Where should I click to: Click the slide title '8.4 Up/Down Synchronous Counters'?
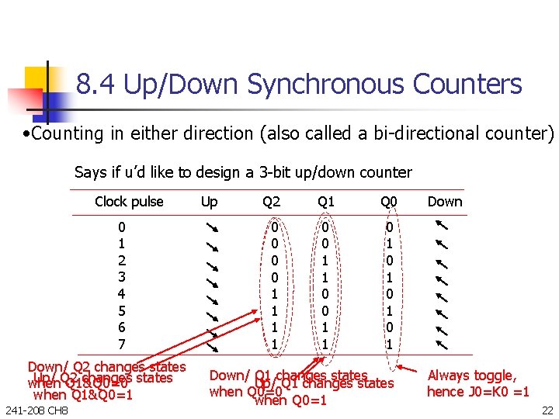(299, 84)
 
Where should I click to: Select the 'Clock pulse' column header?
(129, 202)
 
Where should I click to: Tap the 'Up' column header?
(209, 202)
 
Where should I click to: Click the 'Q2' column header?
(271, 202)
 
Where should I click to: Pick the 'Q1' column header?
(326, 202)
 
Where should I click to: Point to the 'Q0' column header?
(388, 202)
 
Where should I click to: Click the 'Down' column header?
(445, 202)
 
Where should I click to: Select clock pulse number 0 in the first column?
(121, 227)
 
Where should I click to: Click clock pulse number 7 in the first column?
(121, 343)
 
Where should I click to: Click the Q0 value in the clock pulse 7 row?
(390, 343)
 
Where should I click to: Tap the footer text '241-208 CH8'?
(36, 410)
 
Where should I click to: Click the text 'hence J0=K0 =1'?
(477, 392)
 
